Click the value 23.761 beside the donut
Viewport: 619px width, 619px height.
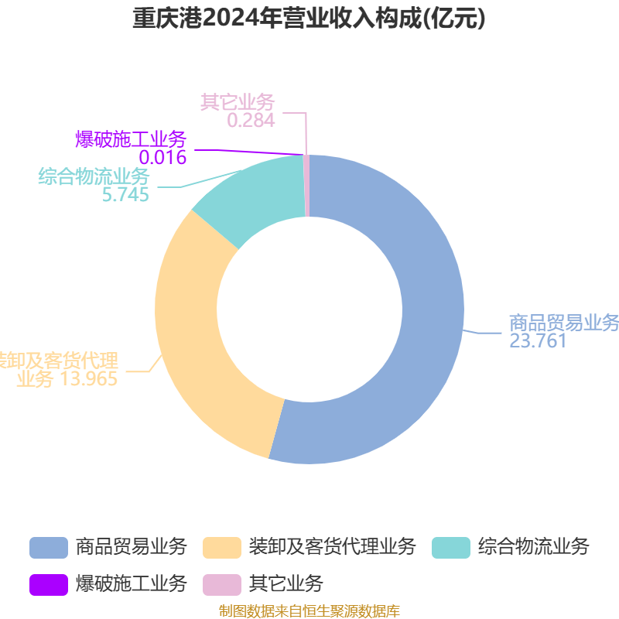tap(538, 341)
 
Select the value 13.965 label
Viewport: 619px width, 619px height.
tap(88, 379)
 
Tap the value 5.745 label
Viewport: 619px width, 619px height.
tap(125, 195)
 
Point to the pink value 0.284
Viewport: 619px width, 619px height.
tap(251, 121)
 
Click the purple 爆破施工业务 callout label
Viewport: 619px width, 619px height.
tap(131, 139)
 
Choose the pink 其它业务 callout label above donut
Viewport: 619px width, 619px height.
tap(238, 102)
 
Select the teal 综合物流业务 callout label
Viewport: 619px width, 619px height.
tap(94, 176)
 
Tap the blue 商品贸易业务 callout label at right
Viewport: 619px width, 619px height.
tap(563, 323)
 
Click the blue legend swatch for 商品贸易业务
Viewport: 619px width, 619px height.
tap(49, 547)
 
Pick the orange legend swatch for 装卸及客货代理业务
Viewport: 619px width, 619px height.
tap(221, 547)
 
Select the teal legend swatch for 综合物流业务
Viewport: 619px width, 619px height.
tap(451, 547)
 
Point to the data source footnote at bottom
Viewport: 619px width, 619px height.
tap(309, 611)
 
